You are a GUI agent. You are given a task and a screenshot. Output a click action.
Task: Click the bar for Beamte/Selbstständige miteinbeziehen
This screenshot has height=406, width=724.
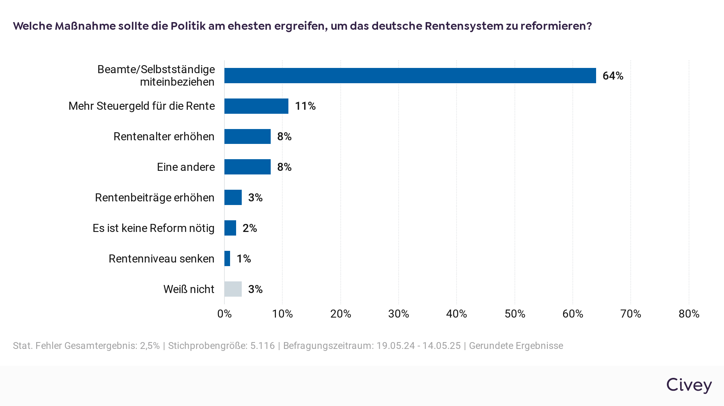point(410,76)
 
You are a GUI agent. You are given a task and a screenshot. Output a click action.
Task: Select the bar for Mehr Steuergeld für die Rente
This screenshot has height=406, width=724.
point(256,106)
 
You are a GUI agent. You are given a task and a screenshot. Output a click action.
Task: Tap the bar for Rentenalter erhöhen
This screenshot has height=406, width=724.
point(247,137)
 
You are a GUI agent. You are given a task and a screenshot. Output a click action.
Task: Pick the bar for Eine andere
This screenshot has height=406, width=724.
point(247,167)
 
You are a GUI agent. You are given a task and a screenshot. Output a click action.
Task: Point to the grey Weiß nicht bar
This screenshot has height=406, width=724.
point(233,289)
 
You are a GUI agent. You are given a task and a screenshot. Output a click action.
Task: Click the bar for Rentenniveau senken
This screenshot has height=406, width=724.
point(227,258)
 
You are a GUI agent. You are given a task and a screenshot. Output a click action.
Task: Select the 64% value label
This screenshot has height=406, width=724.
point(613,76)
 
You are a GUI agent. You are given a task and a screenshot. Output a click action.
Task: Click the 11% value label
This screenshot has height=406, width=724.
point(305,106)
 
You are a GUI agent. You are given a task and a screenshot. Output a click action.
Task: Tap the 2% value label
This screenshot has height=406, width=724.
point(249,228)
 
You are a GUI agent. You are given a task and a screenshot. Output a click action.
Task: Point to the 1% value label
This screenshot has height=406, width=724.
point(244,259)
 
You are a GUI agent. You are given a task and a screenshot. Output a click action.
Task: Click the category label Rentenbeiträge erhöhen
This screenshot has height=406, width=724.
point(154,198)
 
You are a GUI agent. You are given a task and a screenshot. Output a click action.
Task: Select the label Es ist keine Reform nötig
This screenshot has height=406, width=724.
point(153,228)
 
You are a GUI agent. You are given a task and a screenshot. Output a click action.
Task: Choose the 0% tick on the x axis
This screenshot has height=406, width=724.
point(224,314)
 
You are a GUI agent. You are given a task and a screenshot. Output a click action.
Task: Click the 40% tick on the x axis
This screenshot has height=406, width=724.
point(457,314)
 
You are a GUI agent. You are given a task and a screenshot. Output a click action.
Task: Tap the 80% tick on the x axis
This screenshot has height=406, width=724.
point(689,314)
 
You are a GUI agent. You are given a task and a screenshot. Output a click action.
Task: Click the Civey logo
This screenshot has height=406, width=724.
point(689,385)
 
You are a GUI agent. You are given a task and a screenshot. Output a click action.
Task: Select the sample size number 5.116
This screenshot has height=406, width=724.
point(262,346)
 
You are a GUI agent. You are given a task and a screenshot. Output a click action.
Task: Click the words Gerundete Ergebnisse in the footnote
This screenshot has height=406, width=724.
point(516,346)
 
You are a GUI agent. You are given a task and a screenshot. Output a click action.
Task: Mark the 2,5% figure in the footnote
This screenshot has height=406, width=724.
point(150,346)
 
